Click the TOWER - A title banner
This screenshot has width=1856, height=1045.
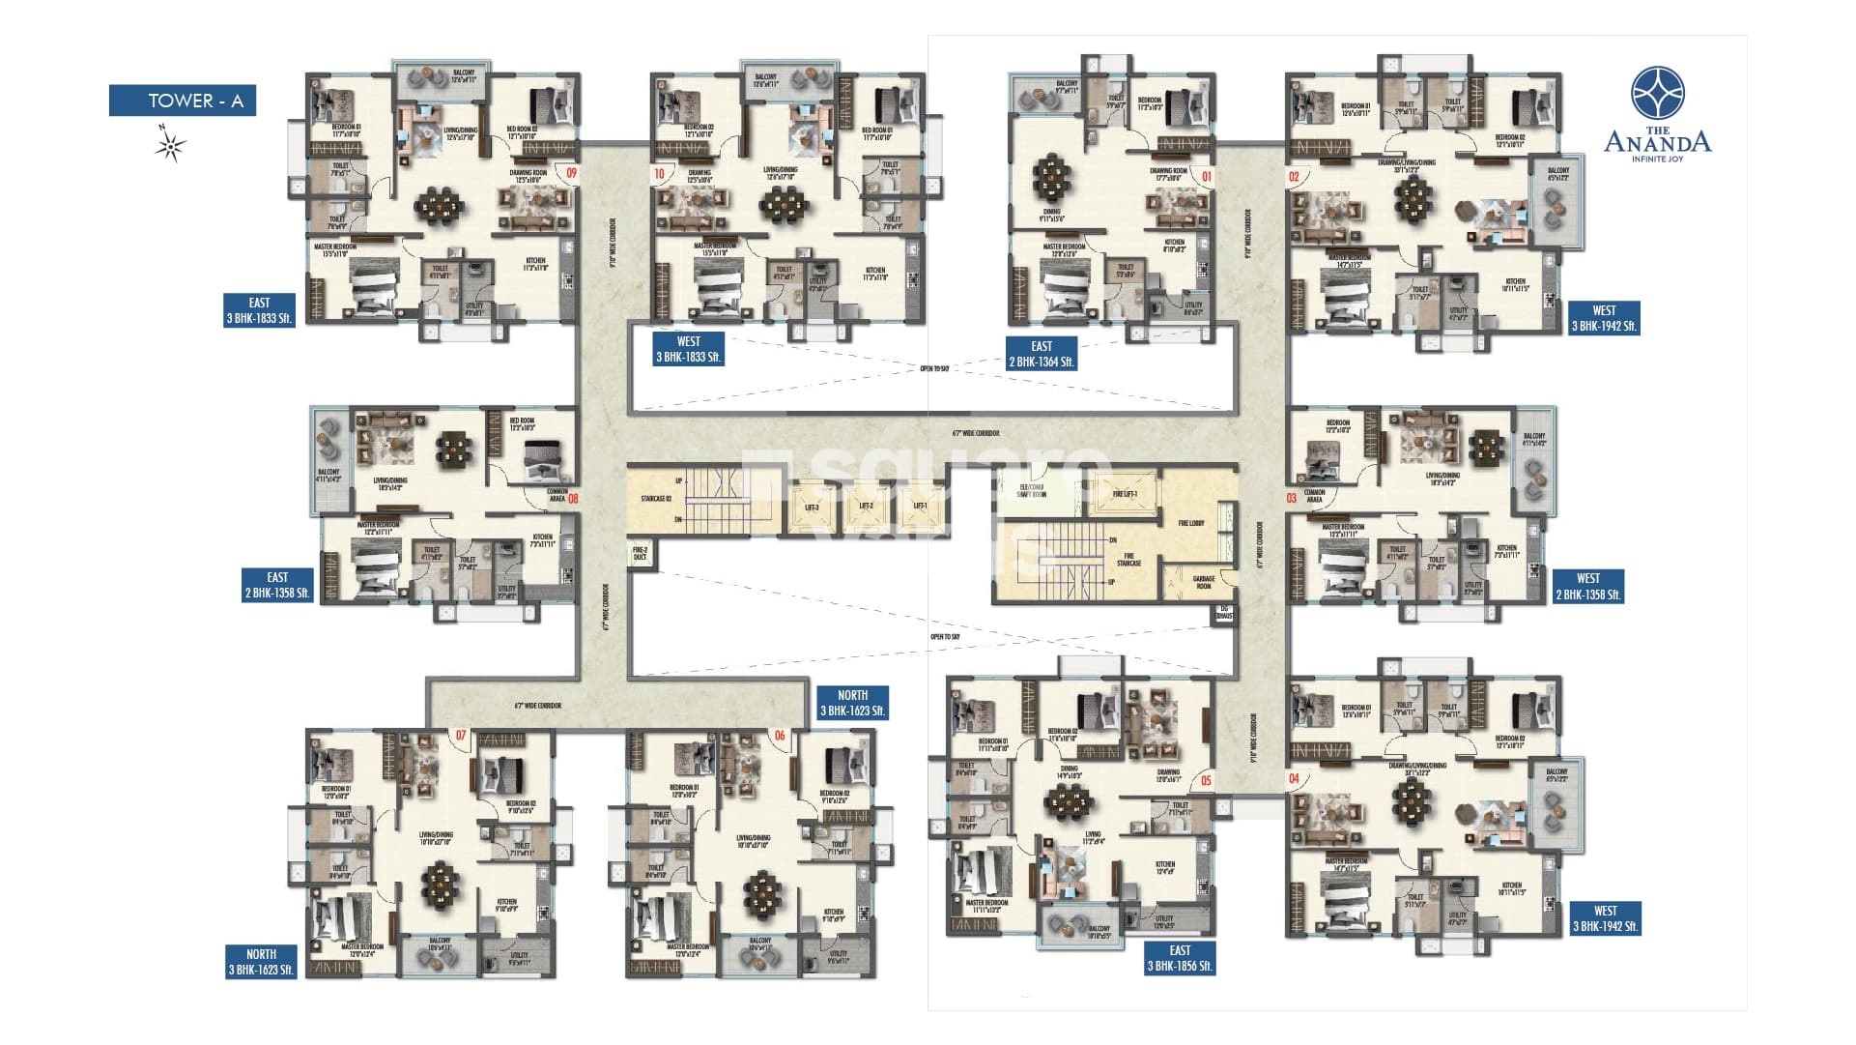coord(182,101)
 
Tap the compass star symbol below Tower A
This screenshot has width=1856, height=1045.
coord(172,148)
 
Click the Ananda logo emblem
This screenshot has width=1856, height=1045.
coord(1657,94)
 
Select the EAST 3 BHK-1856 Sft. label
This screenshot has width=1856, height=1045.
coord(1180,958)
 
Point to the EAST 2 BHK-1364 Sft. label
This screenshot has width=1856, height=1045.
coord(1041,354)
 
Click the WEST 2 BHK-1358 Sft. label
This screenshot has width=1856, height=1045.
coord(1587,587)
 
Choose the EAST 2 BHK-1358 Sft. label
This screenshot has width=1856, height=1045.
coord(277,585)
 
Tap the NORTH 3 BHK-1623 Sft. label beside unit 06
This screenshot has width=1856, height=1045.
coord(851,703)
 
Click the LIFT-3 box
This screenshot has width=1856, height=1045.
coord(811,508)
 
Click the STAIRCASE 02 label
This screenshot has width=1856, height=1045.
coord(655,499)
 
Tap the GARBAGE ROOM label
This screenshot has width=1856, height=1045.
coord(1203,583)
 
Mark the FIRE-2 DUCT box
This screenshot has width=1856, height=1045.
coord(639,554)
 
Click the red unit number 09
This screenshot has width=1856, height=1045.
coord(572,173)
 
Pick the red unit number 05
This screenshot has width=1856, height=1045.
coord(1205,780)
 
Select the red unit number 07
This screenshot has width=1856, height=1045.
coord(461,736)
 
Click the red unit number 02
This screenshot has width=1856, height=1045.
coord(1294,177)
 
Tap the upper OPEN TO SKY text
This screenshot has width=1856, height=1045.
coord(933,368)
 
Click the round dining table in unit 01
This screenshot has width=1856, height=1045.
coord(1051,175)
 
